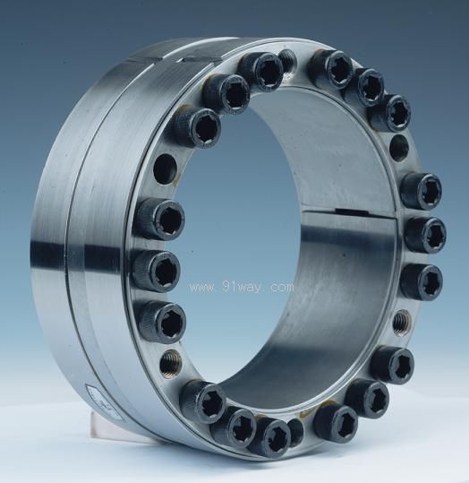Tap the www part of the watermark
203,289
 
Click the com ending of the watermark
281,288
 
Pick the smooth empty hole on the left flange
165,168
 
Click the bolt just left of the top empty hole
260,70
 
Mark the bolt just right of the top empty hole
330,68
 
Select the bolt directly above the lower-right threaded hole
421,280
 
